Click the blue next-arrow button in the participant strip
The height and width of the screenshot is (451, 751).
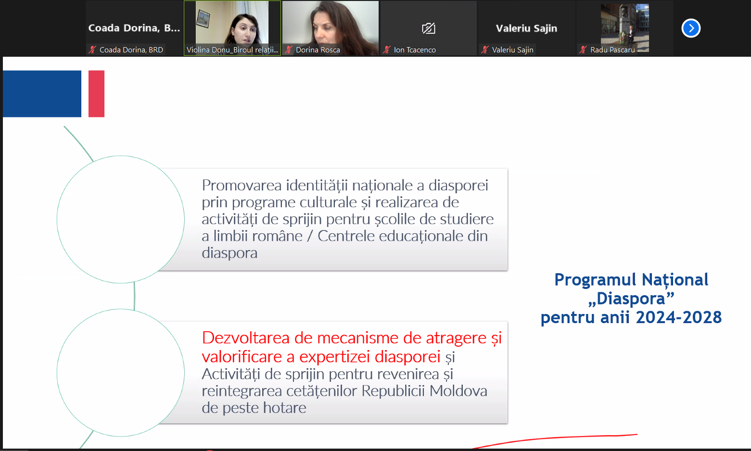click(691, 28)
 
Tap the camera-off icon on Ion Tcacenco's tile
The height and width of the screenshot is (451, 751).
click(429, 28)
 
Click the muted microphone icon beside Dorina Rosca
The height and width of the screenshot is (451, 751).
click(289, 50)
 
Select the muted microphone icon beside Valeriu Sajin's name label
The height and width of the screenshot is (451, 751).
click(485, 50)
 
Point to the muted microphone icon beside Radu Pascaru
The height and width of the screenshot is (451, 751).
click(583, 50)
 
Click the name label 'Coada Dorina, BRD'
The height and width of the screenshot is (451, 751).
click(131, 50)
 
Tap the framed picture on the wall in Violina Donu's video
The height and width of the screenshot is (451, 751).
click(203, 19)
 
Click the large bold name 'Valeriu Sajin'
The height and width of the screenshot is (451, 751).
click(526, 28)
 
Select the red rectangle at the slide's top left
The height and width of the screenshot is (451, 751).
click(97, 94)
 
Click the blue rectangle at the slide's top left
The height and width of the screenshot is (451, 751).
click(42, 94)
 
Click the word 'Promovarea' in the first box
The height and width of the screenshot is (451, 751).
click(242, 185)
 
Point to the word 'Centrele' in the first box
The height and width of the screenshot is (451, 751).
click(346, 236)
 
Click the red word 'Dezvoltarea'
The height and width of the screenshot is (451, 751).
click(246, 338)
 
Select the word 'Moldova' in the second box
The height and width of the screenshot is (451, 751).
click(458, 391)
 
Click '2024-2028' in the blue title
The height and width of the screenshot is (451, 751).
click(678, 317)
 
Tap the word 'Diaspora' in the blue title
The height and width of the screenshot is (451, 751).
click(631, 299)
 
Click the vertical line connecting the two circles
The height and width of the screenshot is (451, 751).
click(134, 296)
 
